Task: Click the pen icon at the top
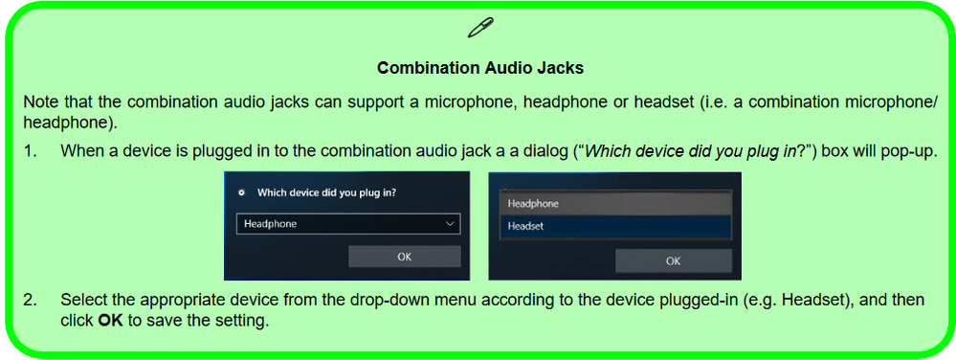pyautogui.click(x=479, y=28)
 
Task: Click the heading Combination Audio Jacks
pyautogui.click(x=479, y=68)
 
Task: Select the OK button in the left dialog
pyautogui.click(x=404, y=257)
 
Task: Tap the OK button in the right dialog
pyautogui.click(x=673, y=260)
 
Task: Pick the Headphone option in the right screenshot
pyautogui.click(x=533, y=203)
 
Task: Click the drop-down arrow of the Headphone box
pyautogui.click(x=450, y=224)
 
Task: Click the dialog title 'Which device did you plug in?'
pyautogui.click(x=326, y=191)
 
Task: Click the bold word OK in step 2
pyautogui.click(x=110, y=320)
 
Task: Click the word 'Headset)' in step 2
pyautogui.click(x=814, y=300)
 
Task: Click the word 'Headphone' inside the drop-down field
pyautogui.click(x=271, y=224)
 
